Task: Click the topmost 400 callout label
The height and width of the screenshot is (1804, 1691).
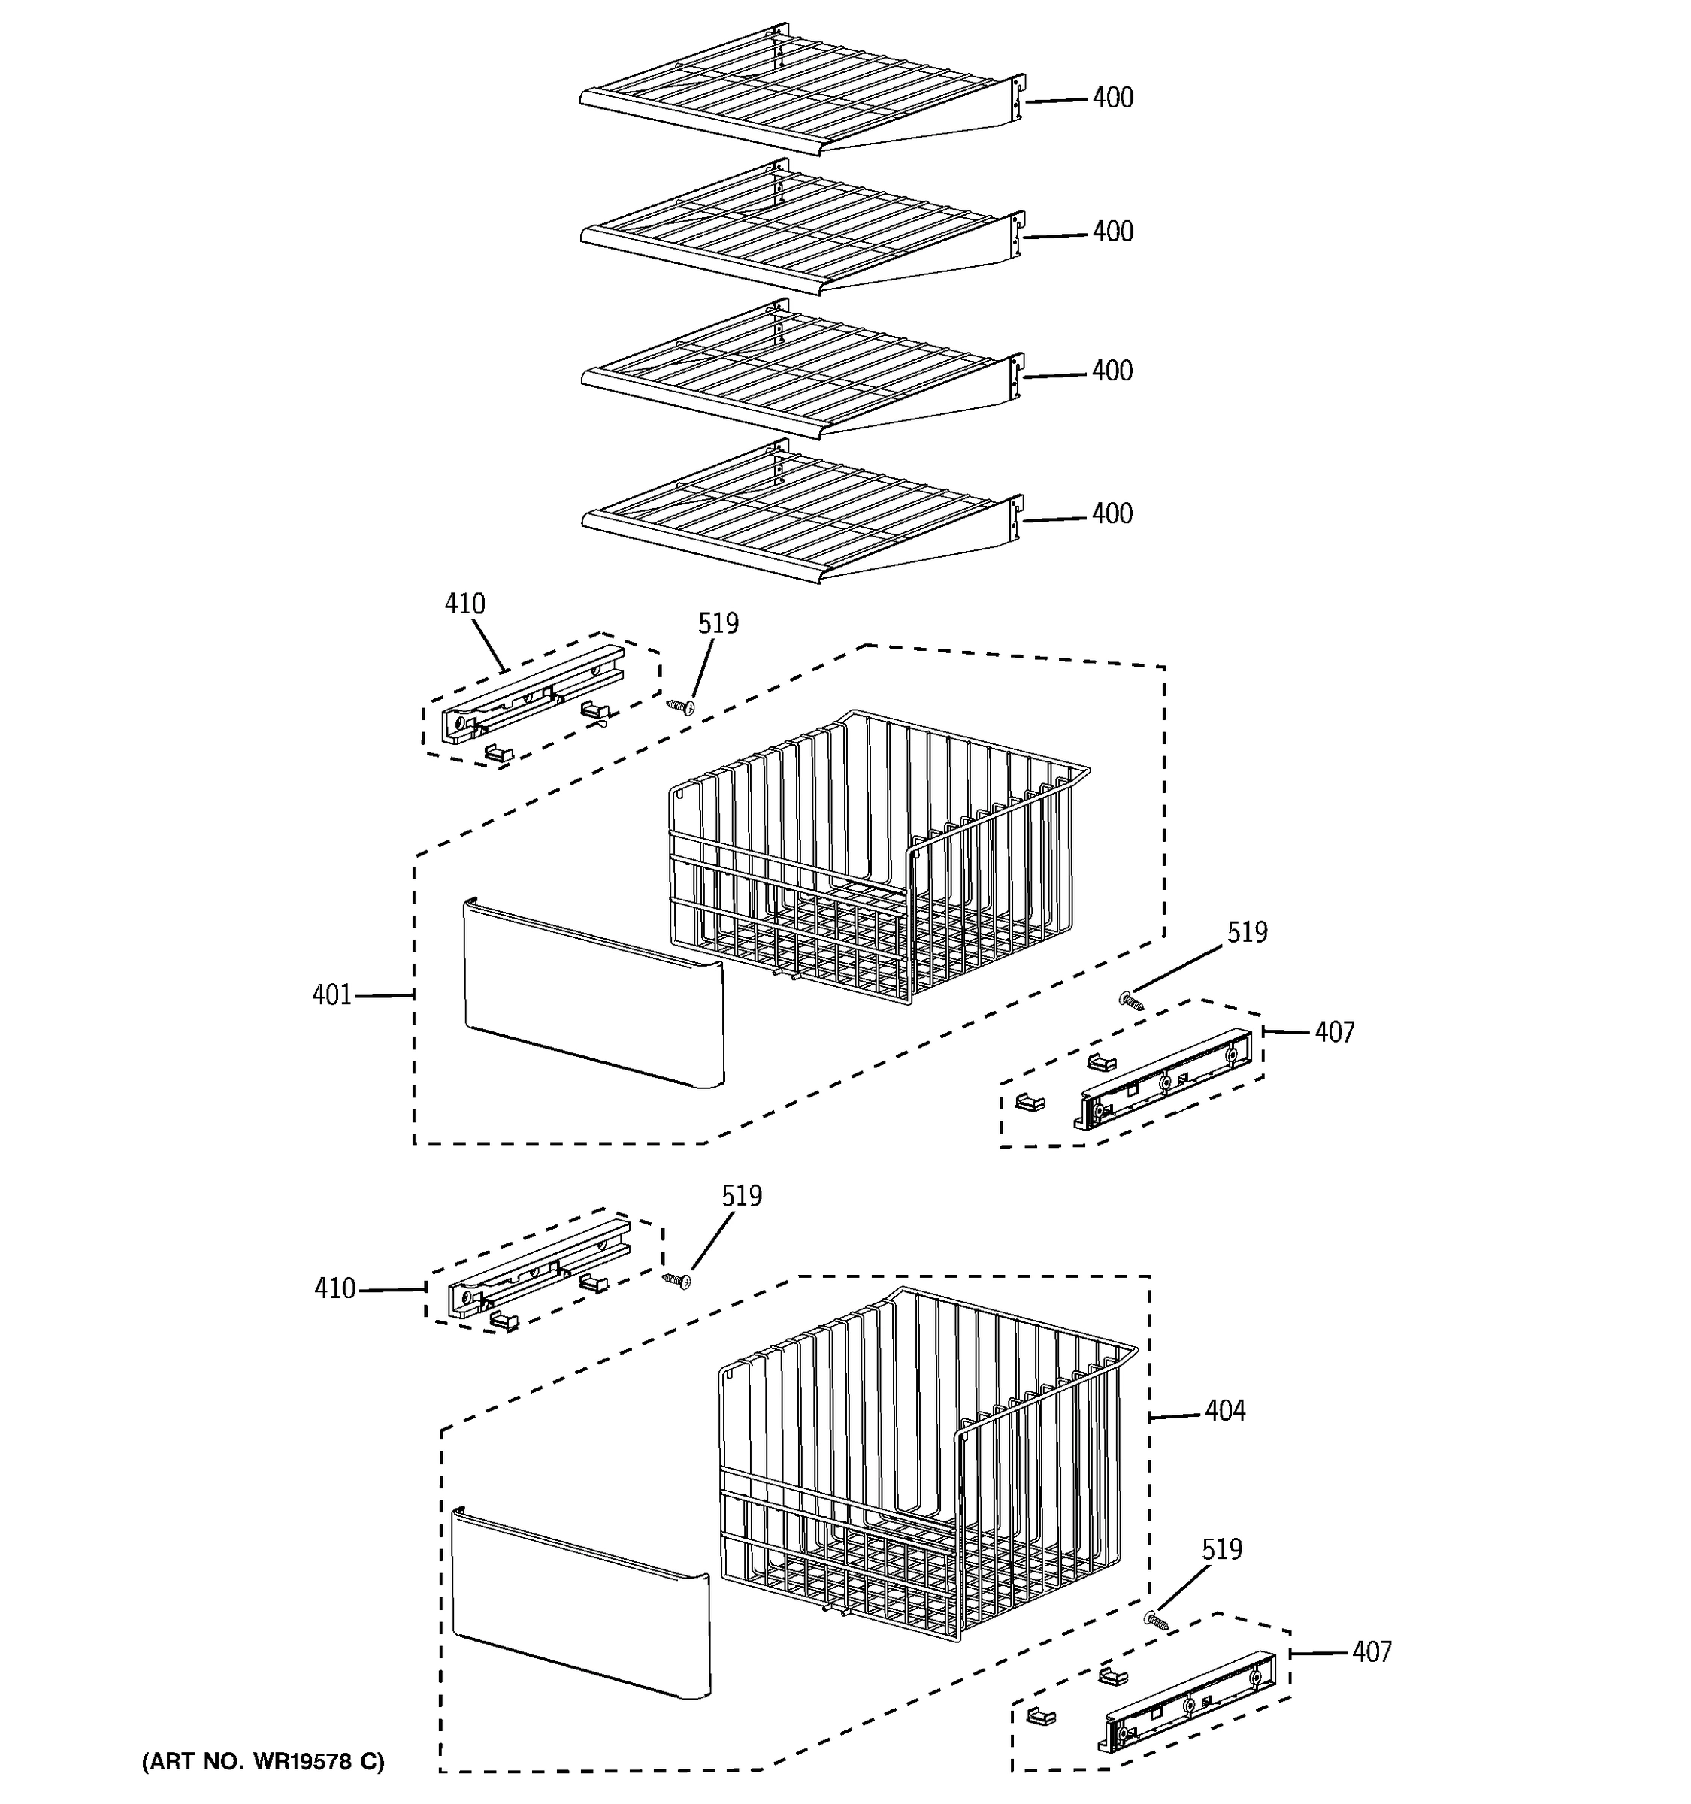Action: click(1112, 97)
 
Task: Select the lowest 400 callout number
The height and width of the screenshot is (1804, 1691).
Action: click(1112, 513)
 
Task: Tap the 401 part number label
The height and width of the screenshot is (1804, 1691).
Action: click(331, 995)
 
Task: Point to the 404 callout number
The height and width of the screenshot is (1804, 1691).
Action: click(1225, 1410)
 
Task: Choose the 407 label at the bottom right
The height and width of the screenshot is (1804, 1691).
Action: click(1371, 1651)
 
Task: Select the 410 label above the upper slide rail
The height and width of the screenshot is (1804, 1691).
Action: click(464, 604)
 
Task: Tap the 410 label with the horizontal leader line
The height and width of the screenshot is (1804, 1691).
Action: click(334, 1288)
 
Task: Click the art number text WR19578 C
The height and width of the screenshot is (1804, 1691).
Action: click(262, 1761)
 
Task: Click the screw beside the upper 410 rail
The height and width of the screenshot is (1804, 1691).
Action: click(680, 706)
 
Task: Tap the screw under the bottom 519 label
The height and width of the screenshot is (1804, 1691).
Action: click(1156, 1619)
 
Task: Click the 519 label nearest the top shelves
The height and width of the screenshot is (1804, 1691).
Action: click(718, 623)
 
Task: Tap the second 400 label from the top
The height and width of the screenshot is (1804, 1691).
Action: click(1112, 232)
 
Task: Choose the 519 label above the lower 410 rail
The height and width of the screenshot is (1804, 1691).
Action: click(741, 1196)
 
